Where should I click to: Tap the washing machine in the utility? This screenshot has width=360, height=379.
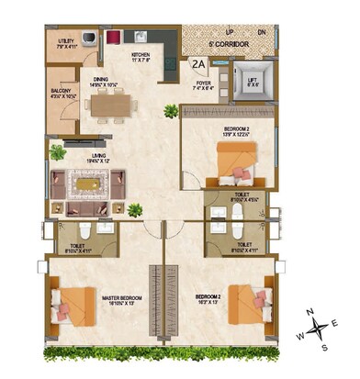(89, 39)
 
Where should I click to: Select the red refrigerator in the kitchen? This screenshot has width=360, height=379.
(113, 38)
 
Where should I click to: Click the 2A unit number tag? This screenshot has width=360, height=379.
(199, 64)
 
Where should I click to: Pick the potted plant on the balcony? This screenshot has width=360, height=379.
(57, 151)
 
